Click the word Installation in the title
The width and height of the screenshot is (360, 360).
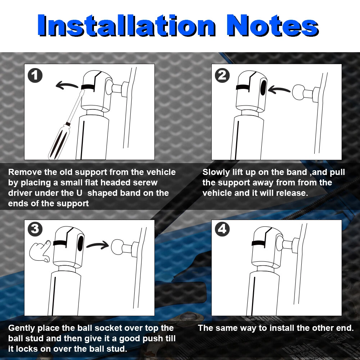pos(126,25)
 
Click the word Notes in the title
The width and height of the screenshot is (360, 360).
pos(273,25)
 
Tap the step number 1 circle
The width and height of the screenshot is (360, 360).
pos(35,75)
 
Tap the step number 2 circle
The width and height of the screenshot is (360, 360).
pos(222,75)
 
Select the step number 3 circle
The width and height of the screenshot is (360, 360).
pos(35,229)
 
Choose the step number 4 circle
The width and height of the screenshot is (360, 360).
pos(222,229)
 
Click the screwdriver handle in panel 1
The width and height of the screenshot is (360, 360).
pos(59,141)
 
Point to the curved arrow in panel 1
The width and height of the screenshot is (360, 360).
pos(67,85)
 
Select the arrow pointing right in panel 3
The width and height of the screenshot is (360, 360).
pos(97,245)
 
